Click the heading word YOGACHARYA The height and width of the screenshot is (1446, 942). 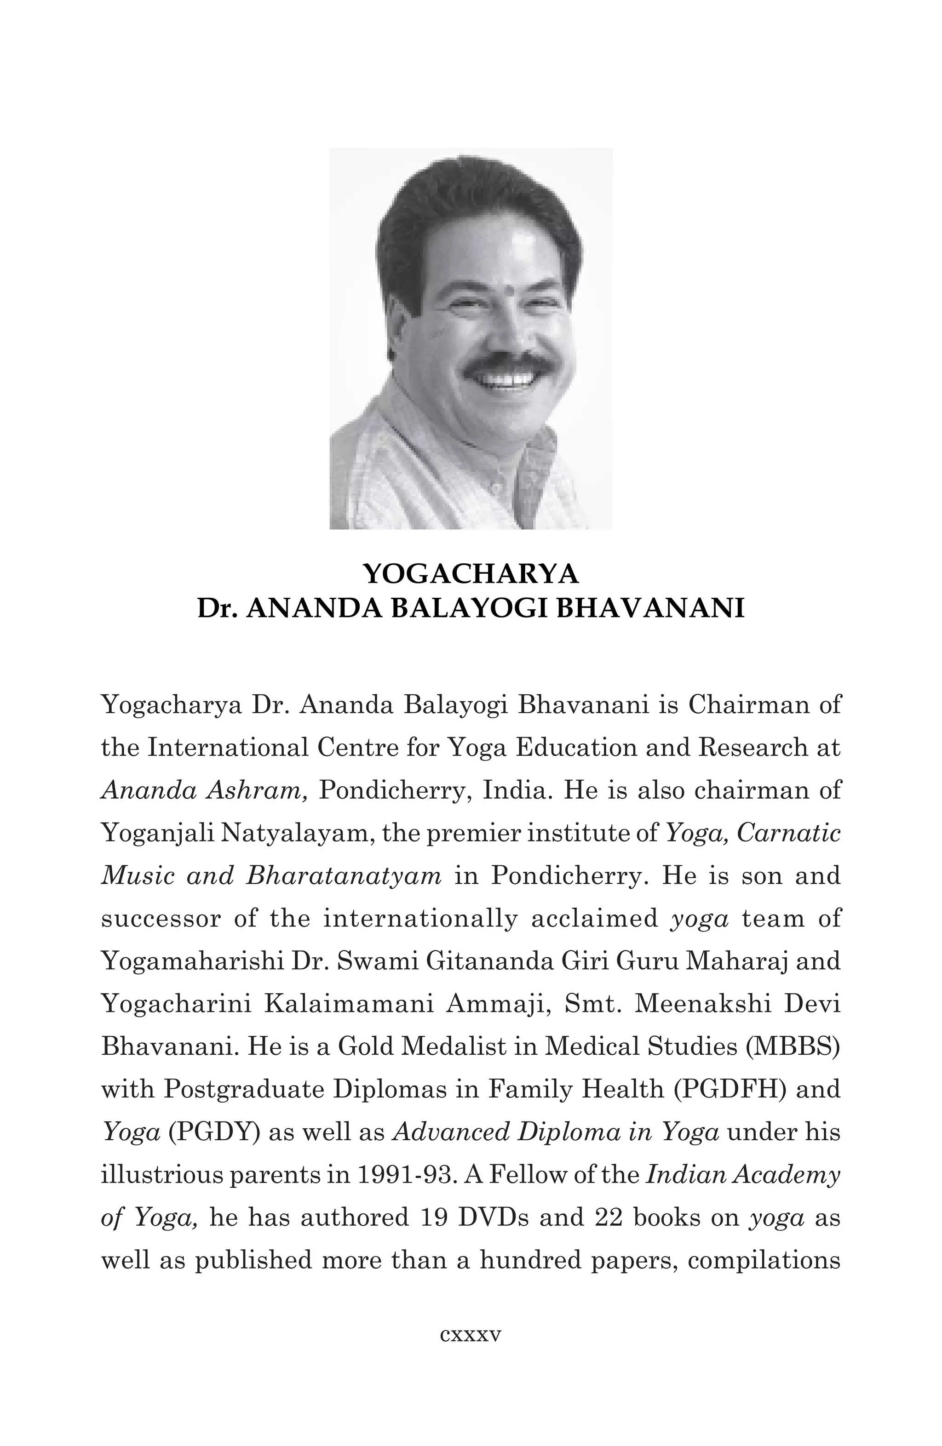pyautogui.click(x=471, y=573)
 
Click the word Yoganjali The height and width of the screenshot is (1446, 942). pyautogui.click(x=155, y=834)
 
